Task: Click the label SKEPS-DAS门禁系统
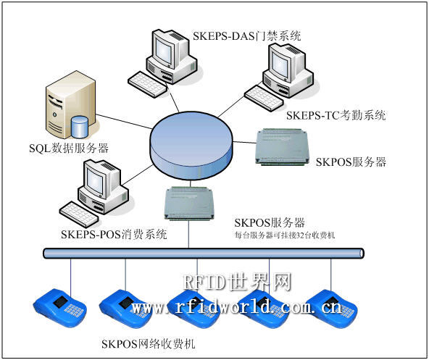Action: [246, 34]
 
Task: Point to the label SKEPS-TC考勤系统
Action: [336, 114]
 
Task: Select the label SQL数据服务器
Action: [68, 148]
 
